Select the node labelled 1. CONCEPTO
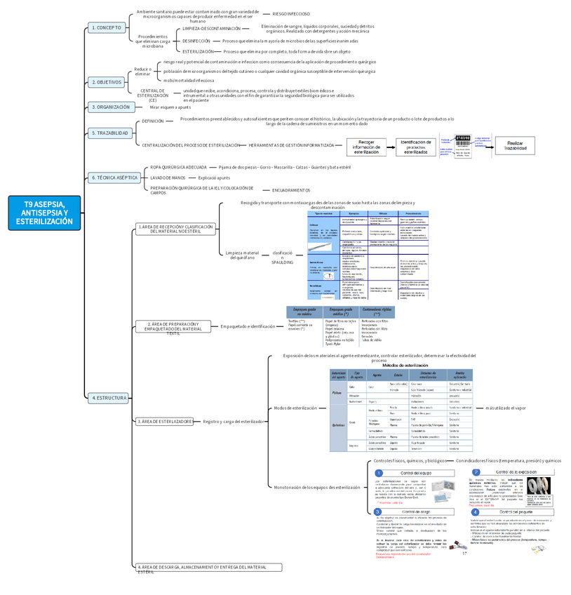click(x=107, y=28)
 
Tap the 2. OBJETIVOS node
click(x=107, y=83)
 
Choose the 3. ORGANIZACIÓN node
click(x=111, y=107)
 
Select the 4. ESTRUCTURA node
click(x=109, y=398)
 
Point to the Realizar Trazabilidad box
click(x=516, y=145)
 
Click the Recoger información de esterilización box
click(x=366, y=147)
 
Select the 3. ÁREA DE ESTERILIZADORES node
click(x=164, y=421)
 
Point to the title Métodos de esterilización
click(x=405, y=366)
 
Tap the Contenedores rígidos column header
click(x=377, y=312)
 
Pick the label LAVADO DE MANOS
click(x=166, y=178)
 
